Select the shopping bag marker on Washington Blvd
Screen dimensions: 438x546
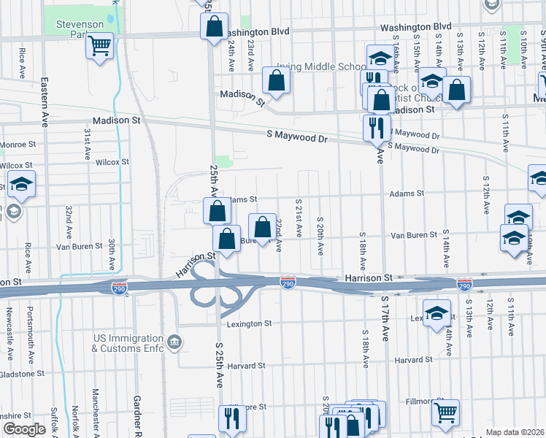tap(213, 28)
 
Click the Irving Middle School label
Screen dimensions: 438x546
tap(320, 66)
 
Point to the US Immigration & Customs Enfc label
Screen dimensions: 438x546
tap(127, 343)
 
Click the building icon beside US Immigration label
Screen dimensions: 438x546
tap(174, 342)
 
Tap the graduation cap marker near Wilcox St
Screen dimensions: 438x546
tap(22, 184)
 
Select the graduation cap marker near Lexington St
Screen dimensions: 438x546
tap(437, 313)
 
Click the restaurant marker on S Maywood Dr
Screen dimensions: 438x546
tap(377, 128)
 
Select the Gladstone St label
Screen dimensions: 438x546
tap(22, 374)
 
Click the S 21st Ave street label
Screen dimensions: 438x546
tap(299, 216)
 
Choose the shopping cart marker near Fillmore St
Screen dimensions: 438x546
tap(445, 413)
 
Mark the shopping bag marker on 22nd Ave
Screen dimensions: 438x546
tap(262, 227)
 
